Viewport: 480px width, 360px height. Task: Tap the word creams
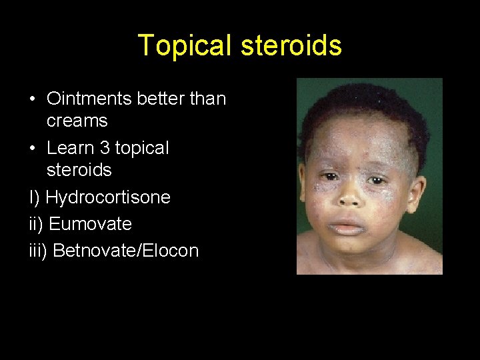tap(77, 121)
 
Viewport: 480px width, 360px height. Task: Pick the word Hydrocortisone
tap(107, 197)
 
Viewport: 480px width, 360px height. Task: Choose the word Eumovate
tap(90, 224)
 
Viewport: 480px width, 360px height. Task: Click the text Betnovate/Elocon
tap(125, 251)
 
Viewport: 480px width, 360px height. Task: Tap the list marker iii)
tap(38, 251)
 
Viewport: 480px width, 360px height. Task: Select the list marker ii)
tap(36, 224)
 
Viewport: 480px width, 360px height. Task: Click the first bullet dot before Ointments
tap(33, 99)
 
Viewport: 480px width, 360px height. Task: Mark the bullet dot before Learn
tap(33, 148)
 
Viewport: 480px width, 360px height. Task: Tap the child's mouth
tap(349, 227)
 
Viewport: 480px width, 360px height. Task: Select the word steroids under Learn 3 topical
tap(79, 170)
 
